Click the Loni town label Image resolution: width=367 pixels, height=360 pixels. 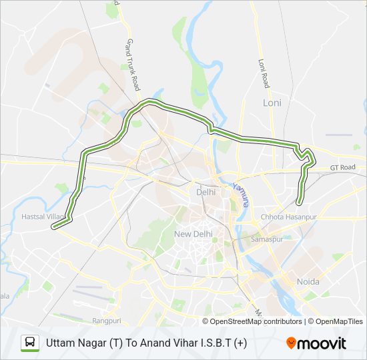[x=272, y=103]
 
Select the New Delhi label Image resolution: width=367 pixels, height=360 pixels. [x=192, y=234]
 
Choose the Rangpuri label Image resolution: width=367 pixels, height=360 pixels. [x=107, y=321]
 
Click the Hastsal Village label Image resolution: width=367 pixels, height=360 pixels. [x=43, y=217]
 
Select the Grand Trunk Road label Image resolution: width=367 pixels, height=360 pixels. [x=131, y=65]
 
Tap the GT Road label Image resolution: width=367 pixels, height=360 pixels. [x=342, y=167]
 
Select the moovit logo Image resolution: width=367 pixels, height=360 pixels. [x=316, y=343]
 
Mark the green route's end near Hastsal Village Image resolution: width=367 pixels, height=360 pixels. [x=53, y=227]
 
